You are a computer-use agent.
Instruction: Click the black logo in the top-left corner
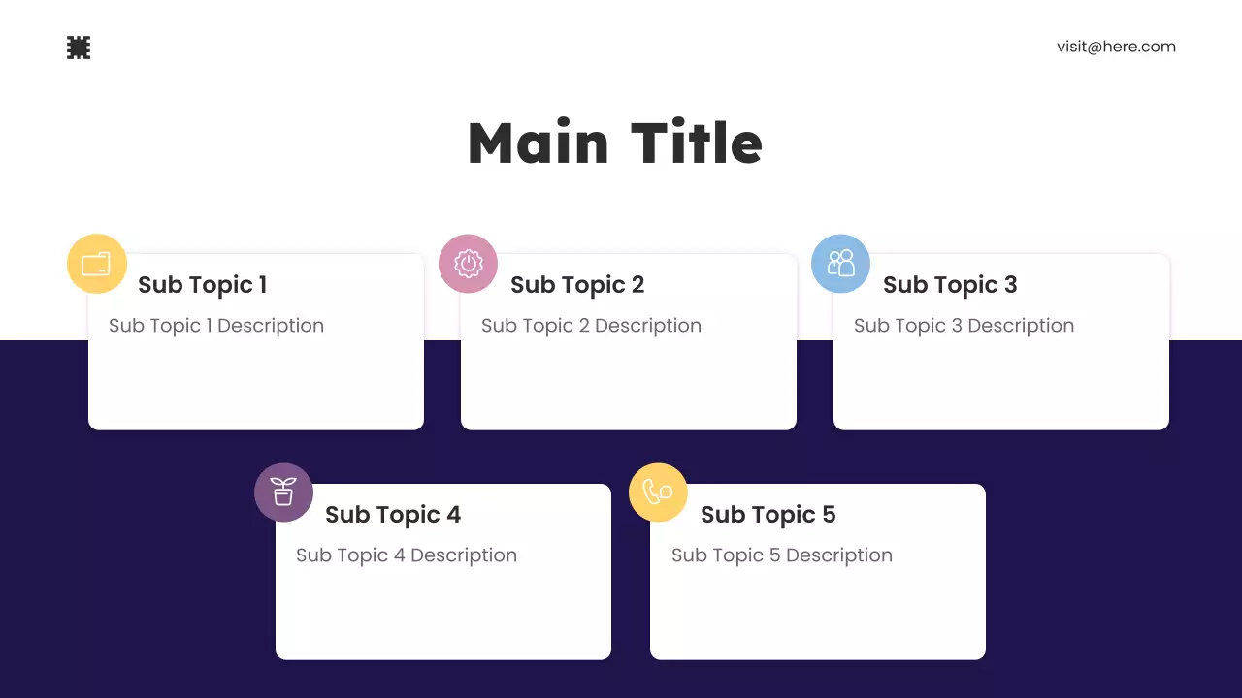(x=79, y=48)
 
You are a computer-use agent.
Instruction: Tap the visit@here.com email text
(x=1116, y=47)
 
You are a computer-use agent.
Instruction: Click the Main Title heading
(x=615, y=143)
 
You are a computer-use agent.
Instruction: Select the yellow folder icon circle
(x=97, y=264)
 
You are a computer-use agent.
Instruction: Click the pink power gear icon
(x=469, y=264)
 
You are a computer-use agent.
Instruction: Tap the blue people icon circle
(x=840, y=264)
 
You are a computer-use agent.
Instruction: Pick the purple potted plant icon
(x=283, y=492)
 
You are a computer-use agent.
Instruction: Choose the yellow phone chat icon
(x=658, y=492)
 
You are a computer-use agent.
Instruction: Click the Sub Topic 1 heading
(x=202, y=285)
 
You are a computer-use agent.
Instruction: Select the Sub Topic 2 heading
(x=577, y=285)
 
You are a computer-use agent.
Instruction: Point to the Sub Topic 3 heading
(x=950, y=285)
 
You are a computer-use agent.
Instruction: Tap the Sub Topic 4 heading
(x=393, y=515)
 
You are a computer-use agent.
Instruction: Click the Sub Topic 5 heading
(x=768, y=515)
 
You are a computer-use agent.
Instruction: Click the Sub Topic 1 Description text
(x=216, y=326)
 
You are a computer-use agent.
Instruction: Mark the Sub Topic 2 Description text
(x=591, y=326)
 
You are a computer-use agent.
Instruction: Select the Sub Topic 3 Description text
(x=964, y=326)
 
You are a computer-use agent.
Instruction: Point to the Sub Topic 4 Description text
(x=407, y=555)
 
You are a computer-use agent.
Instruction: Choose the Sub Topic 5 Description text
(x=781, y=555)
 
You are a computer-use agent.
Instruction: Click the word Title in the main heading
(x=697, y=143)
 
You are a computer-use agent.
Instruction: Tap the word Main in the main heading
(x=538, y=143)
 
